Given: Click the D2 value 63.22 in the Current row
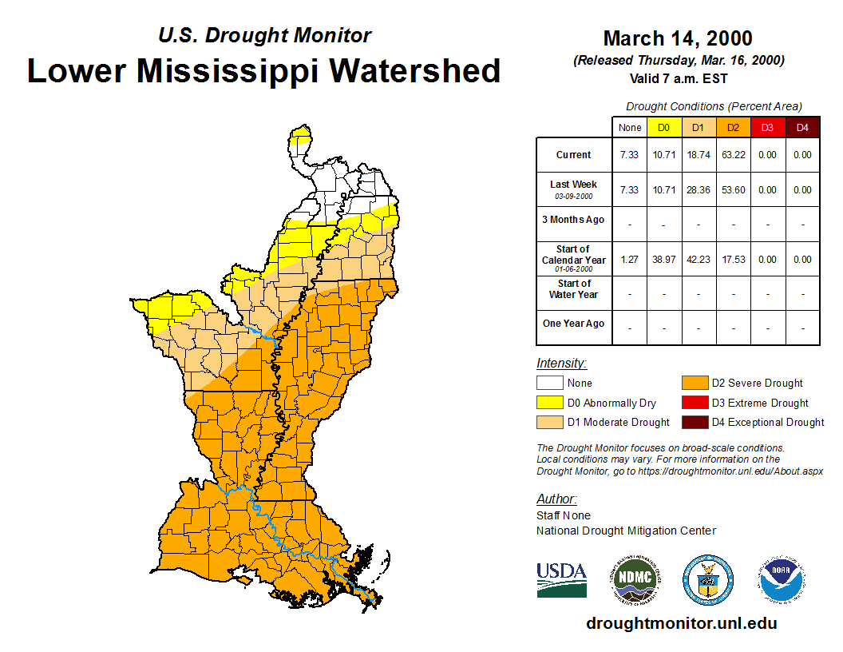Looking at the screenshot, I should [x=733, y=155].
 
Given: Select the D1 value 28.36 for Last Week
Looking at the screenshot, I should [x=699, y=190].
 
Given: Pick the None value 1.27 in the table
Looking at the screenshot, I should [x=630, y=260].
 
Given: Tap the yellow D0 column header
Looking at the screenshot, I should [x=664, y=127].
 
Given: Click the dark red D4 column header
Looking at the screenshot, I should [x=802, y=127].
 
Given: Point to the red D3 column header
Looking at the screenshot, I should [x=767, y=127].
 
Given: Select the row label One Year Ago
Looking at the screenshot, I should [x=573, y=324].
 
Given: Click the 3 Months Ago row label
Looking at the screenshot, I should [x=573, y=220].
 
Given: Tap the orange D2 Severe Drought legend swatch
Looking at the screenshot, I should [x=694, y=383].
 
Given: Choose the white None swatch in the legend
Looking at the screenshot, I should [x=549, y=383].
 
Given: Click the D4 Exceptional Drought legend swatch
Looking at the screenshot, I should [x=694, y=422].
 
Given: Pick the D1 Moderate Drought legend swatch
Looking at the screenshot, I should [x=549, y=422].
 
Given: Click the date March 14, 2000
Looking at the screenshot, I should [x=678, y=38].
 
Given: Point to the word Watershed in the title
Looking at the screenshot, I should [x=415, y=70].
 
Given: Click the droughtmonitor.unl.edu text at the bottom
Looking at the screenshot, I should [x=681, y=623].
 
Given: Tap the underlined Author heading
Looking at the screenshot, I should [x=556, y=499].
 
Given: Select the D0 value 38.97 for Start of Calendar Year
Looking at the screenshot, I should [x=664, y=260].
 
